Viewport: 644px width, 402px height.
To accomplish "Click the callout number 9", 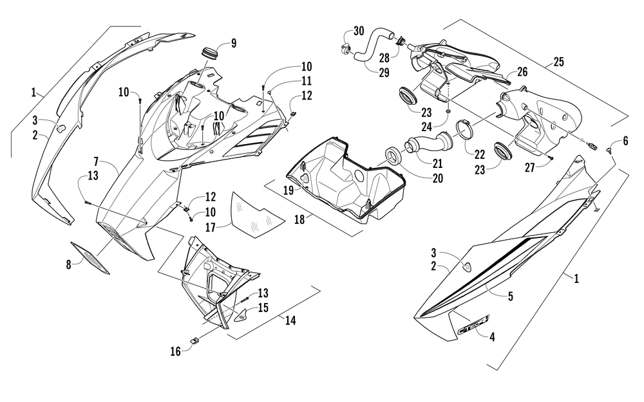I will [x=233, y=43].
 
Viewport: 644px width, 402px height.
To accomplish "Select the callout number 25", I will [x=558, y=63].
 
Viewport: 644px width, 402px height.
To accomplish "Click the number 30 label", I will [x=359, y=32].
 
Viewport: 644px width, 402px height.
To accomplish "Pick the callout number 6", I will [x=624, y=142].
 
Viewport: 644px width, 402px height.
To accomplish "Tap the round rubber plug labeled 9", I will [x=209, y=51].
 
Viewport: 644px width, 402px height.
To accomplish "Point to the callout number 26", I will [x=522, y=73].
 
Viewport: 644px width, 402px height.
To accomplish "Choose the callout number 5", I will [x=509, y=297].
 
